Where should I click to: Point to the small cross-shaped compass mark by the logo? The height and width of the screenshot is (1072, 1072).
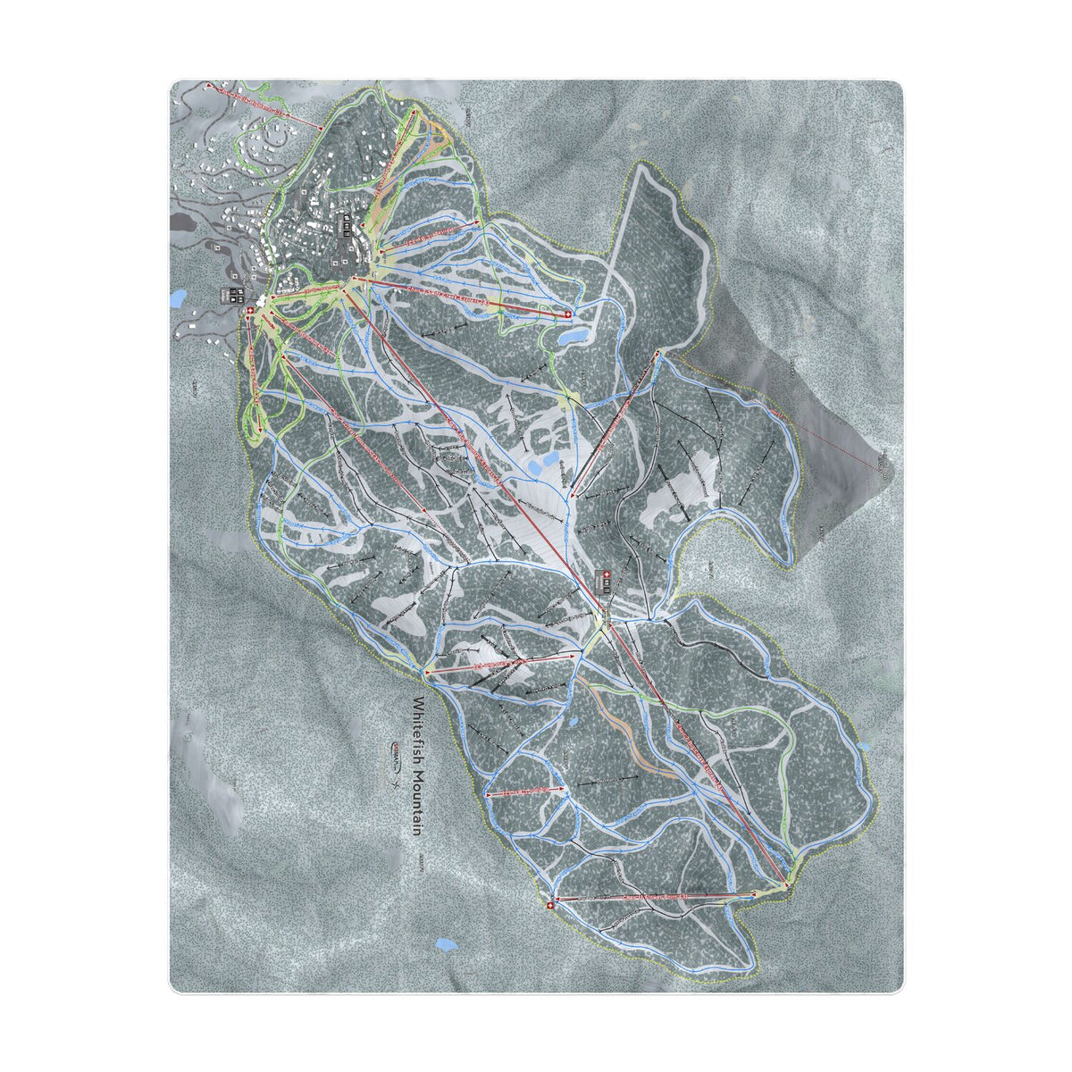(393, 783)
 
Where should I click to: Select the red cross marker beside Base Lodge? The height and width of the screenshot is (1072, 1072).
(250, 310)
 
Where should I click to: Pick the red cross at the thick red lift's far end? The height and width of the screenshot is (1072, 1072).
(566, 314)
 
